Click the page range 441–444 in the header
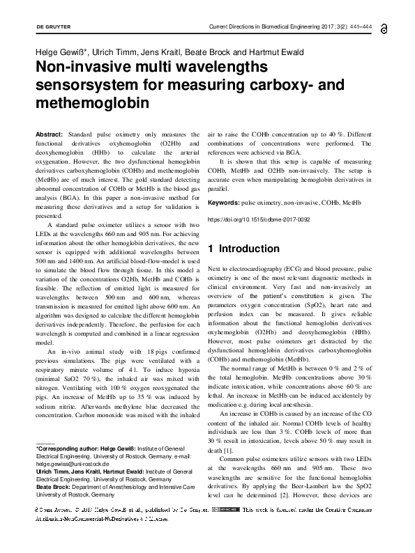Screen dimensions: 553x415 [357, 27]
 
